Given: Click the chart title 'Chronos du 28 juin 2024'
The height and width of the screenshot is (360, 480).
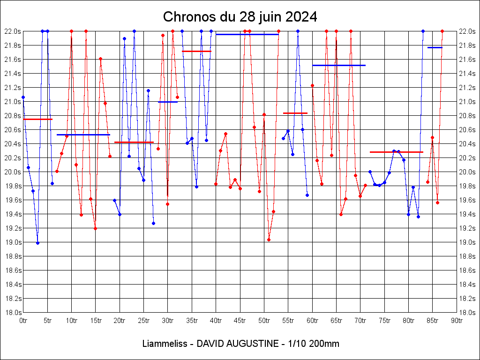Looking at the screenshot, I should pos(240,17).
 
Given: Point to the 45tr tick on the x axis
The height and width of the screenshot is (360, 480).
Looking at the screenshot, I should pos(240,321).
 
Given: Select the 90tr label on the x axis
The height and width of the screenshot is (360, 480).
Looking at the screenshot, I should pos(457,321).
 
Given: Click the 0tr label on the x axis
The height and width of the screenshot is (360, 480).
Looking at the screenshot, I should pos(23,321).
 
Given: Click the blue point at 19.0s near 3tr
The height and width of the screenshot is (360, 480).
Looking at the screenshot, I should pos(37,243).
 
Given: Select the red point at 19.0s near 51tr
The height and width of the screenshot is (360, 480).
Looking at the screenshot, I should pos(269,240).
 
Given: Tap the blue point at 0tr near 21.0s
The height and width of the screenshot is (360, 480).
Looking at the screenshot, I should pos(23,97).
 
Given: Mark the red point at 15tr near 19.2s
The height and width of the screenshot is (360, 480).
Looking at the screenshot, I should pos(95,228).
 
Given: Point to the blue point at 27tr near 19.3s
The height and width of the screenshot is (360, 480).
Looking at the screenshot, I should pos(153,223).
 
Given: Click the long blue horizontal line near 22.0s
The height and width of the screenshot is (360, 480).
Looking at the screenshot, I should pos(247,34).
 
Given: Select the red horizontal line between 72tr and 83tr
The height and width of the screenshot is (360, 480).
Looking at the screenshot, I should pos(396,152).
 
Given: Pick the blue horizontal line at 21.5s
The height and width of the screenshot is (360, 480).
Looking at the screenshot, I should pos(338,65).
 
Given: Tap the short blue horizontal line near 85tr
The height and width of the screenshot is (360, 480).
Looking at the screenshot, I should pos(435,47).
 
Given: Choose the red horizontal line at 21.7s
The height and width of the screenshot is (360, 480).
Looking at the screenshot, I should pos(196,51).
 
